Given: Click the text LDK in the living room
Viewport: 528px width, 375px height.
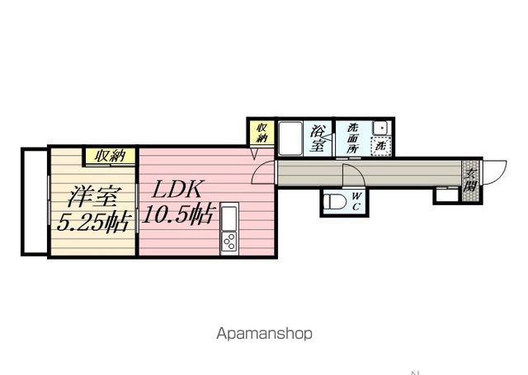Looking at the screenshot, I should (x=173, y=188).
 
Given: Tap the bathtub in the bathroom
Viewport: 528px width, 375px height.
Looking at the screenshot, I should (x=290, y=138).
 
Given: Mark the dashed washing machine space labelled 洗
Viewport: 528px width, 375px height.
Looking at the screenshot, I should (x=380, y=146).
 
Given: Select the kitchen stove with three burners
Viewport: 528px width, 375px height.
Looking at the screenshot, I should (x=228, y=241).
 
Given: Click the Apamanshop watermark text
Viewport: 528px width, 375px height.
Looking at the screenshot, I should (x=264, y=334).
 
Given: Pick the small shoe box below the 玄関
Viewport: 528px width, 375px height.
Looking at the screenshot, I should (x=445, y=195).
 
